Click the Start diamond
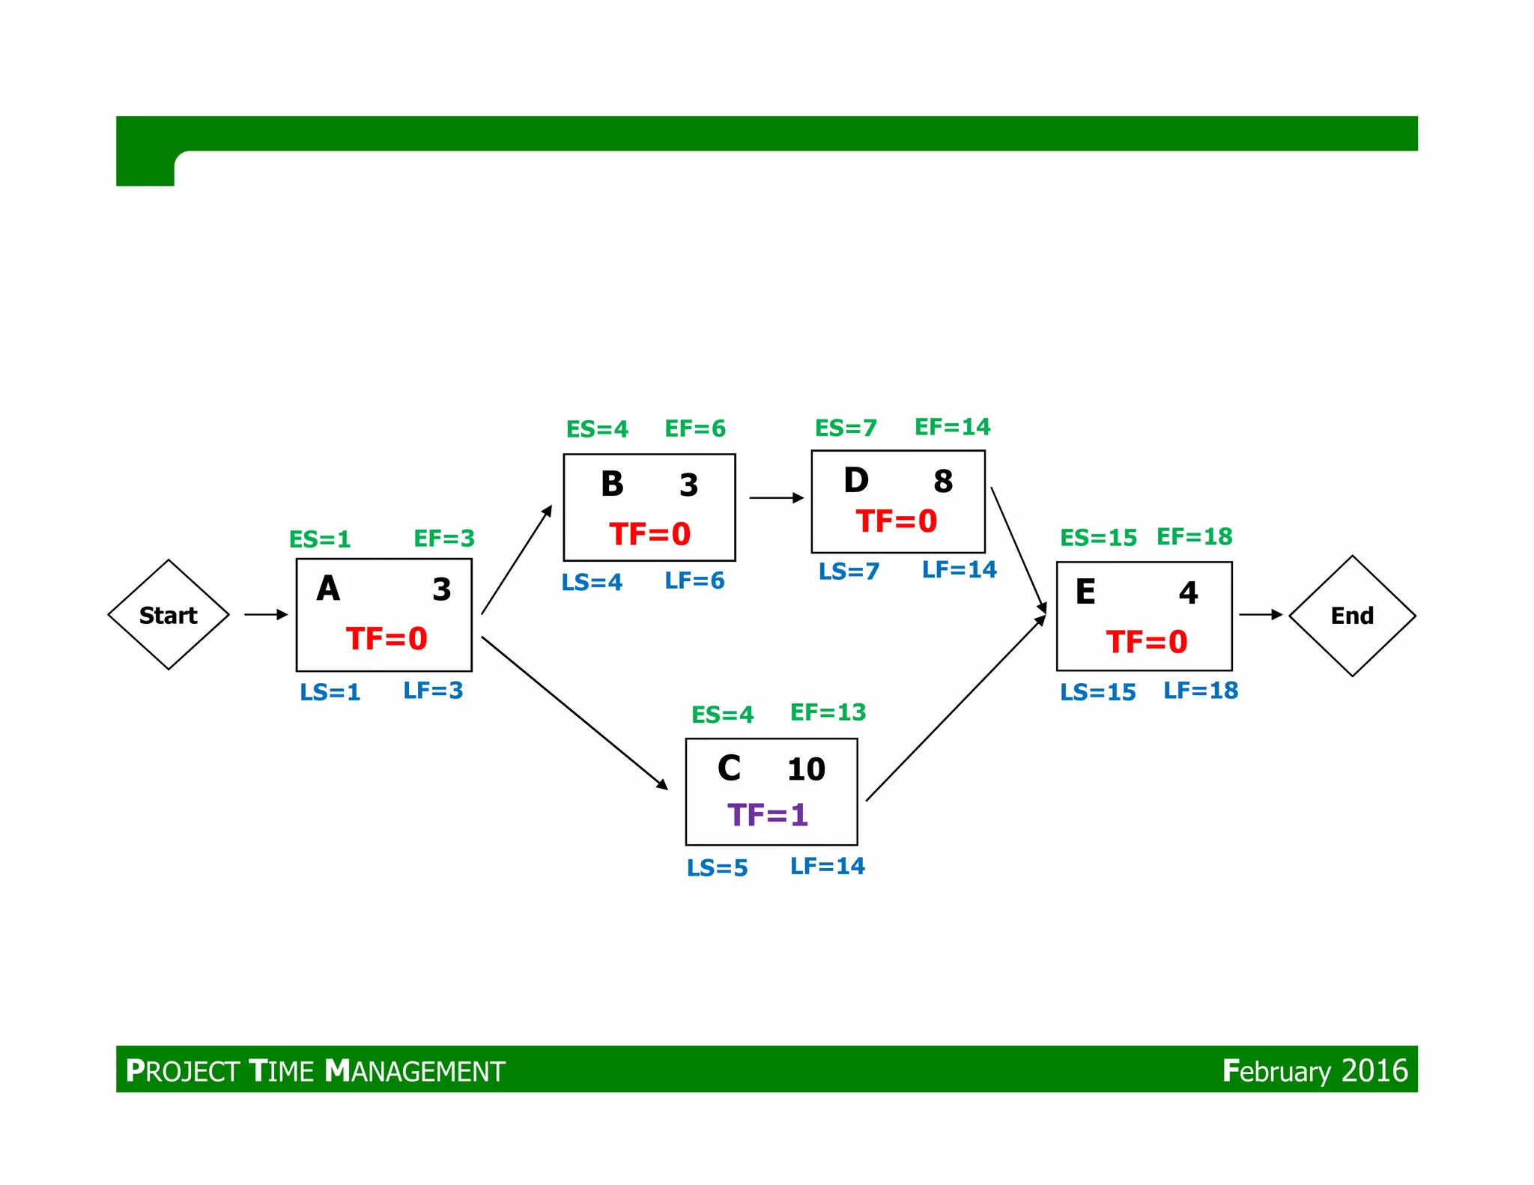tap(169, 615)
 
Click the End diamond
tap(1352, 616)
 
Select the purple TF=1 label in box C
tap(768, 815)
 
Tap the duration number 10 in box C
tap(806, 769)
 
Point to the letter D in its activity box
tap(856, 480)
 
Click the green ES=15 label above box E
tap(1098, 538)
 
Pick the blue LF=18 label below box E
tap(1201, 691)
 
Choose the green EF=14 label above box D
tap(952, 427)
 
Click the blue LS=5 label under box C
tap(717, 868)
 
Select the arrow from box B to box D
tap(776, 498)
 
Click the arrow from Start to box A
tap(266, 615)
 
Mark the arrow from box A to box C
tap(574, 712)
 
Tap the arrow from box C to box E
tap(955, 709)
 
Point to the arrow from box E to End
tap(1261, 615)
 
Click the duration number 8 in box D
tap(943, 482)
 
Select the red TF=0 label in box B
tap(649, 534)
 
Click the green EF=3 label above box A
tap(444, 539)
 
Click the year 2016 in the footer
tap(1374, 1070)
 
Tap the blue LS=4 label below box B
tap(592, 583)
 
